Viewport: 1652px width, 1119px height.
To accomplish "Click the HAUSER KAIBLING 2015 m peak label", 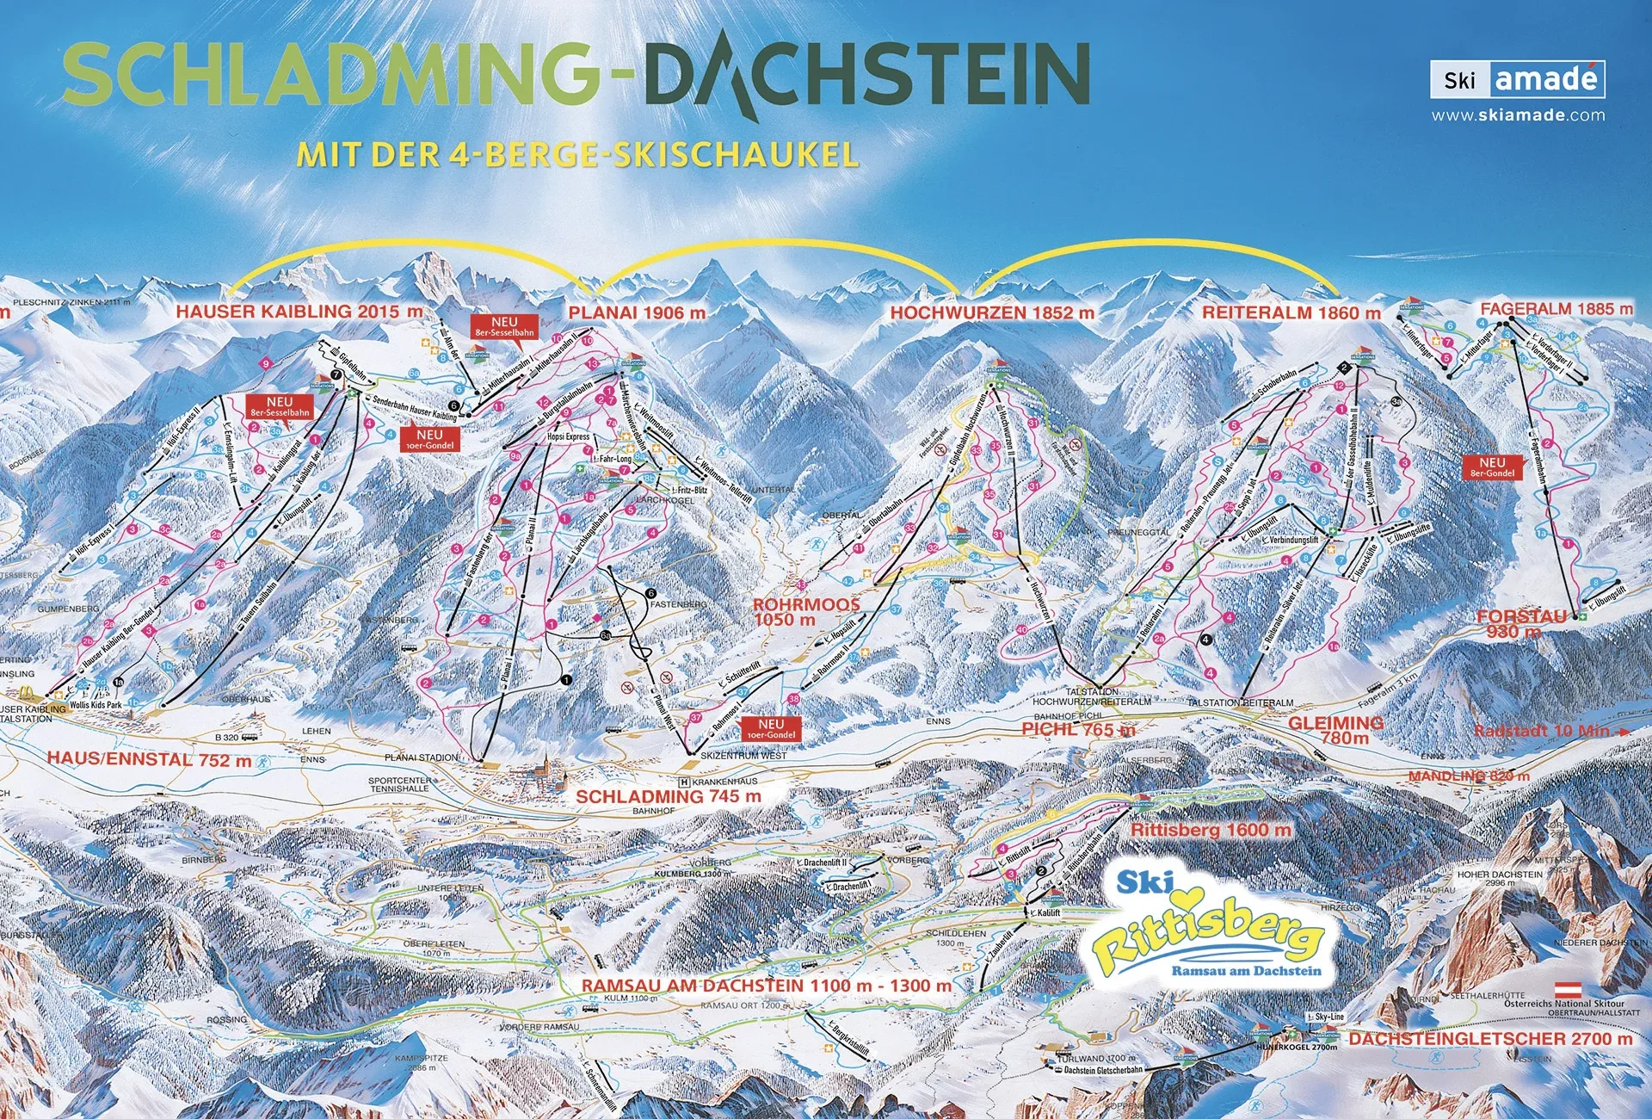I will click(x=299, y=312).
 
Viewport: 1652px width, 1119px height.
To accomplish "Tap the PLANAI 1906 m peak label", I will click(x=637, y=312).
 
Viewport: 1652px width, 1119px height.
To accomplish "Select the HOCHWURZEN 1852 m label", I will click(x=992, y=312).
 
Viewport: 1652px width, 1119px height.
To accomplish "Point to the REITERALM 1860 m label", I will click(x=1291, y=312).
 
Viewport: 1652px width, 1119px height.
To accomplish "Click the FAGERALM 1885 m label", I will click(x=1556, y=308).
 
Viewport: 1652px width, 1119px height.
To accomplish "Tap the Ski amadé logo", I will click(x=1518, y=80).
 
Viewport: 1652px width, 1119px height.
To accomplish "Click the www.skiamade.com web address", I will click(x=1518, y=114).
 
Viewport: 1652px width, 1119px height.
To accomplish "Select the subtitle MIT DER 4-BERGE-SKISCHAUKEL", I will click(x=577, y=155).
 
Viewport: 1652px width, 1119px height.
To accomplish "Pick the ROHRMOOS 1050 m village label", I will click(x=805, y=612).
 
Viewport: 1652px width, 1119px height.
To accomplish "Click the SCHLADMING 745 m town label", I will click(x=668, y=796).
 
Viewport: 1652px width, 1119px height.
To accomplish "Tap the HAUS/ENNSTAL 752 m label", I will click(x=149, y=759).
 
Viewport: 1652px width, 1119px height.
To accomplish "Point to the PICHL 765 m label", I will click(x=1078, y=729).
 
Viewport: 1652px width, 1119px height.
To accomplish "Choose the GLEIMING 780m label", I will click(x=1335, y=730).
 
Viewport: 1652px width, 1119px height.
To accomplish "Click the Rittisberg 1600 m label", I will click(x=1211, y=830).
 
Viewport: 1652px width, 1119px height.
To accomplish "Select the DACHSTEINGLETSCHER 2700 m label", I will click(x=1489, y=1039).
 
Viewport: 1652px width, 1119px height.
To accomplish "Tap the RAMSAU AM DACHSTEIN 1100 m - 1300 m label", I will click(x=766, y=986).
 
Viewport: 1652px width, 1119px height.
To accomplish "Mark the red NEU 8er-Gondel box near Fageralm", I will click(x=1492, y=467).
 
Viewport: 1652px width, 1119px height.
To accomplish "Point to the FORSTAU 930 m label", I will click(x=1521, y=623).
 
